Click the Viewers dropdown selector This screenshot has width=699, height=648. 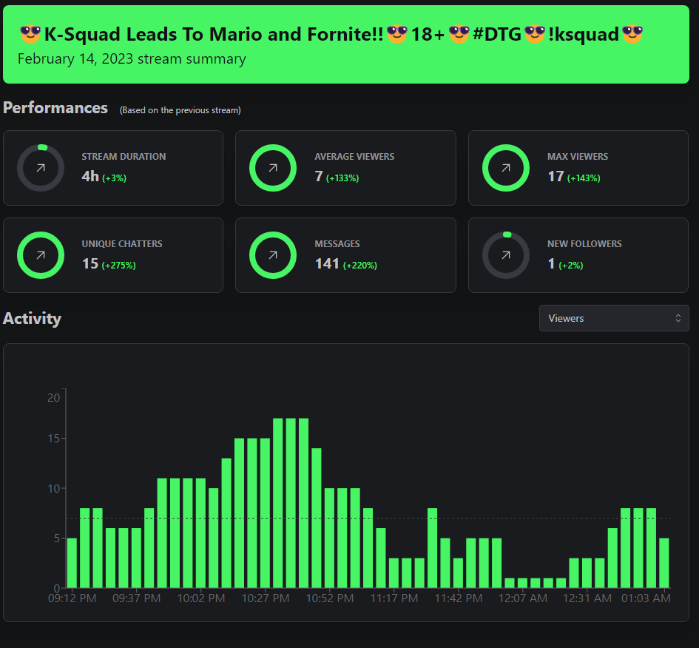(x=614, y=318)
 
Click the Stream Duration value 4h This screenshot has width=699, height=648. (x=90, y=177)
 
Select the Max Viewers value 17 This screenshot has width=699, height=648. (x=556, y=177)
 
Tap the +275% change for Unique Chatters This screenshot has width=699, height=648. (x=118, y=265)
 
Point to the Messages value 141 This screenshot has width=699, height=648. (x=327, y=264)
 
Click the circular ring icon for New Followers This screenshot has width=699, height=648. (x=506, y=255)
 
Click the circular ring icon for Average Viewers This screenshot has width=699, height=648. (x=273, y=168)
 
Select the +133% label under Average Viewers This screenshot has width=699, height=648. (x=342, y=178)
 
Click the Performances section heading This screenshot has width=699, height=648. (x=55, y=108)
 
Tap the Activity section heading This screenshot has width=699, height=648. (x=32, y=319)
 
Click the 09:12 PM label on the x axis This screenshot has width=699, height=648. (x=72, y=598)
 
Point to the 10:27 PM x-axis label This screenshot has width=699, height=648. (x=265, y=598)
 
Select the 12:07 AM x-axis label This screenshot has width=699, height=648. (x=522, y=598)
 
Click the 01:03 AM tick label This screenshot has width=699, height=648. (x=646, y=598)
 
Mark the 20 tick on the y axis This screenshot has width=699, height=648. (x=53, y=398)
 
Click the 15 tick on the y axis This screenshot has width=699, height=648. (x=53, y=439)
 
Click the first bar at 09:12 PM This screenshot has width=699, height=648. (x=72, y=563)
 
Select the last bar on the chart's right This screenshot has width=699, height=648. (x=664, y=563)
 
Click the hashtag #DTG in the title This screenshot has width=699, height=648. (x=496, y=34)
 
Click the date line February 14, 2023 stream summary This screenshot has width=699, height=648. (x=132, y=59)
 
